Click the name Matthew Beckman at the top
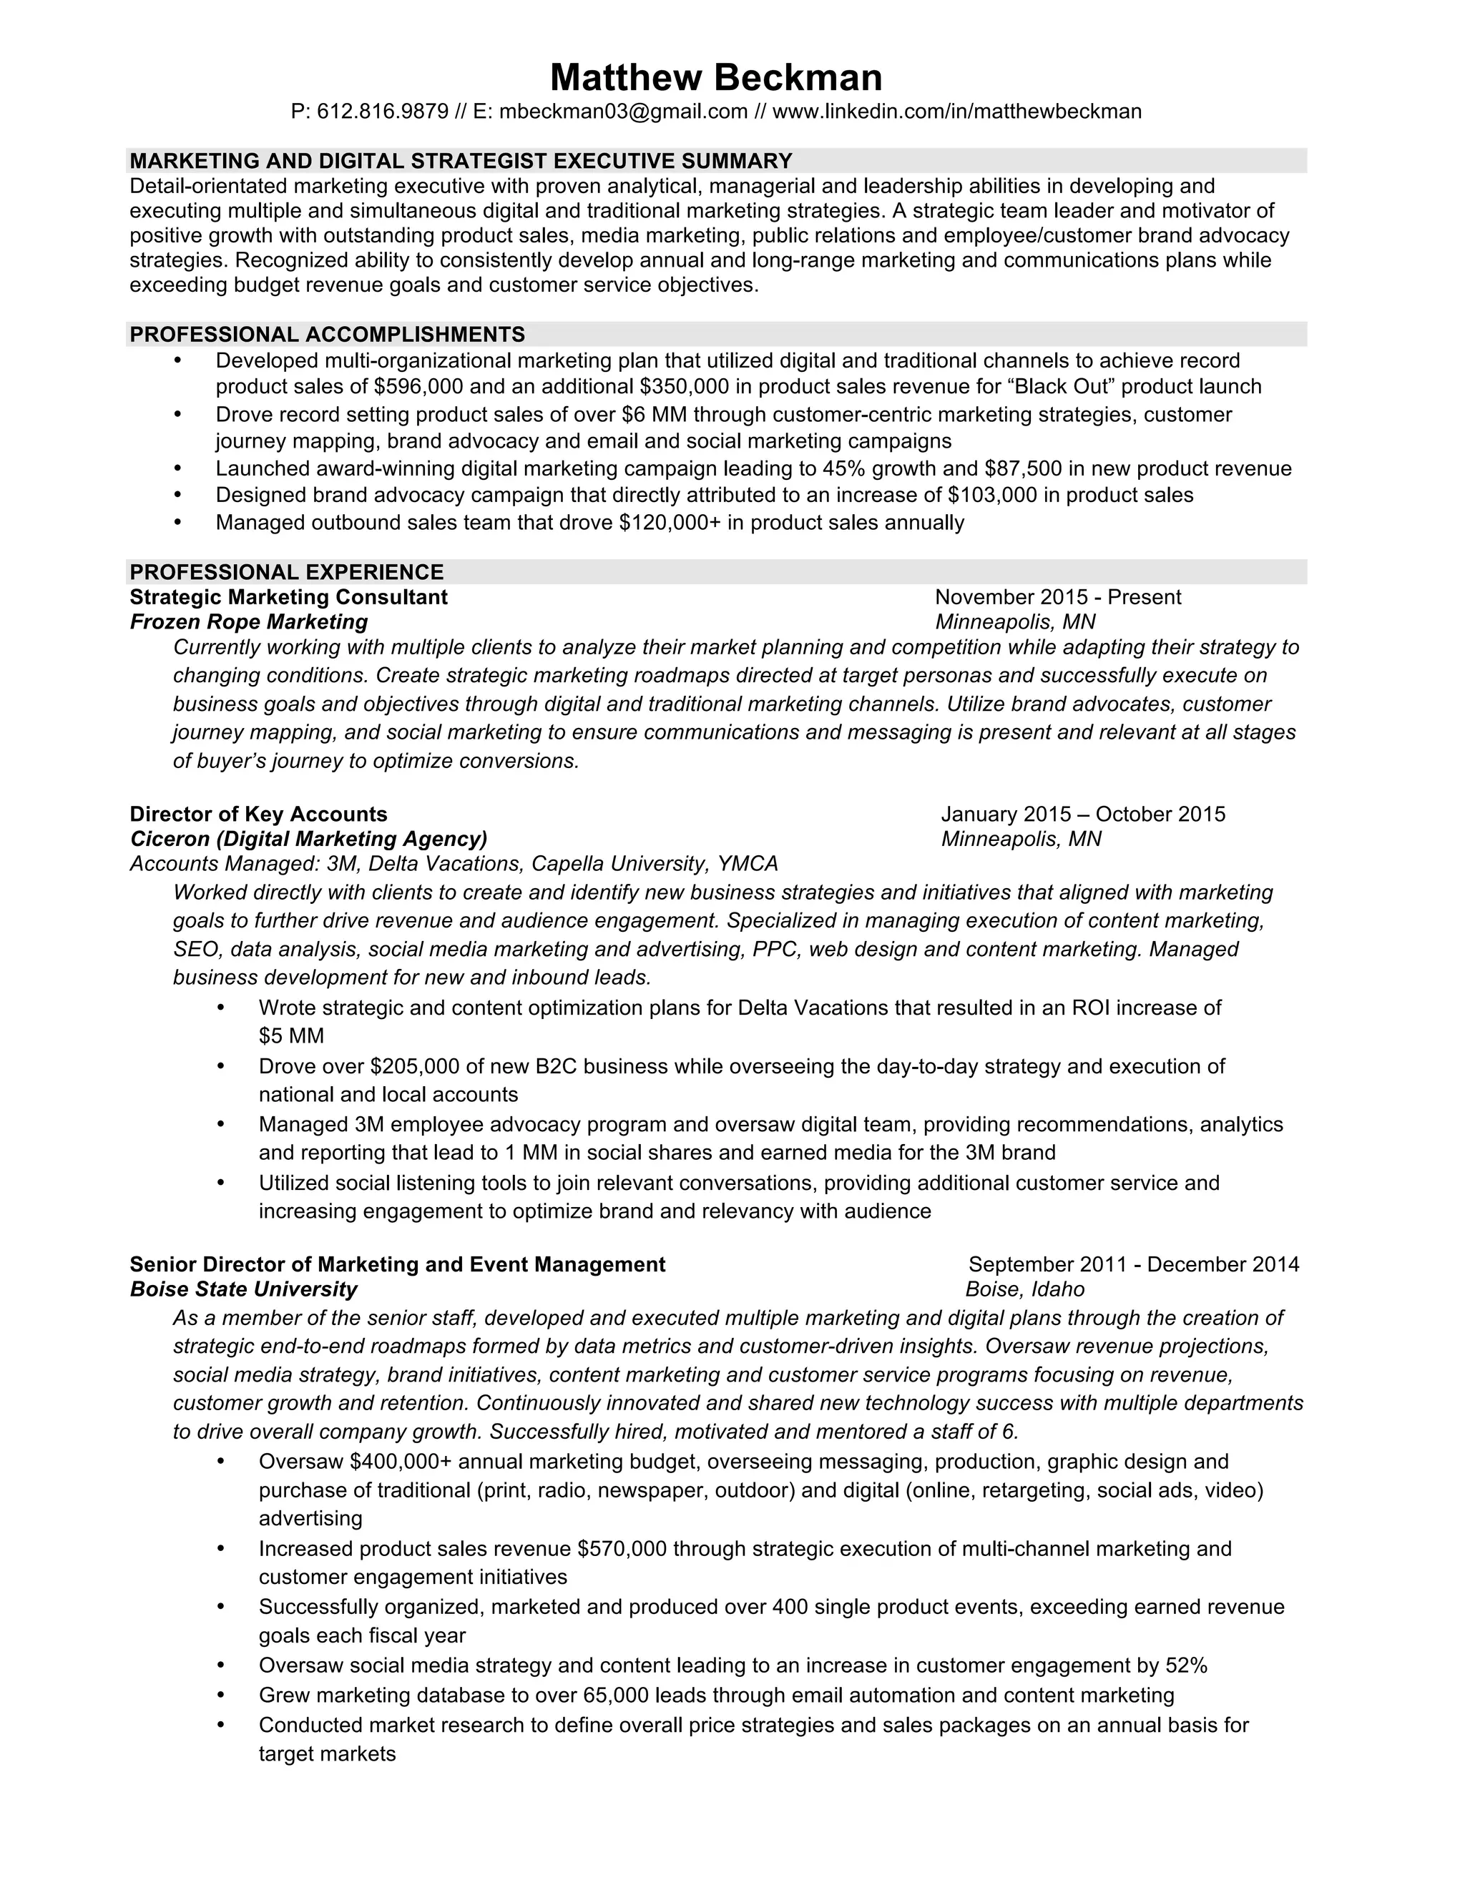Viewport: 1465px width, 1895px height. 716,77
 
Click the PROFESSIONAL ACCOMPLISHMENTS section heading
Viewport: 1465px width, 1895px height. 327,335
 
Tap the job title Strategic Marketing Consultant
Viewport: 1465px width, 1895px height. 288,597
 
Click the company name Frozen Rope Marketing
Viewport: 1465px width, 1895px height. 248,622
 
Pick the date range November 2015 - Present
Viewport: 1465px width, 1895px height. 1057,597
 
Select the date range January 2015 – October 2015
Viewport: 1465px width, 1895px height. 1082,814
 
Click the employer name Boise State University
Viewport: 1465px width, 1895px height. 243,1289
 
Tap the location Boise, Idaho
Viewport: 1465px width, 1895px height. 1024,1289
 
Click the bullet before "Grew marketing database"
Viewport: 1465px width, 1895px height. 220,1695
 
